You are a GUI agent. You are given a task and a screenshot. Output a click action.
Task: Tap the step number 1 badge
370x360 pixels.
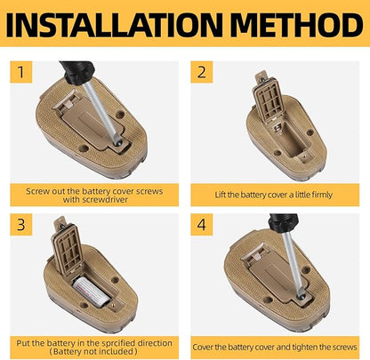[21, 72]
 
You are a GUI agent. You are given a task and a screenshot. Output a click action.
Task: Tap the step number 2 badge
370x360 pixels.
[202, 72]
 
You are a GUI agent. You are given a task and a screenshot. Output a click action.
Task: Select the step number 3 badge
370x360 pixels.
[21, 225]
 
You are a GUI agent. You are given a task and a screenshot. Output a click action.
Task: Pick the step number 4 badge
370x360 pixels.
[202, 225]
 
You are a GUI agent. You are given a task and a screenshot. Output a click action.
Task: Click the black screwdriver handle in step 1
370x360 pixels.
[77, 72]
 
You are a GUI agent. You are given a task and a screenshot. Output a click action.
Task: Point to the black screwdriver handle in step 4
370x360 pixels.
[284, 222]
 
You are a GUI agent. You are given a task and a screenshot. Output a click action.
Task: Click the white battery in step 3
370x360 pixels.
[92, 292]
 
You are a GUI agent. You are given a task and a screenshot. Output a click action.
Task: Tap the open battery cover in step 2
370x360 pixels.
[267, 98]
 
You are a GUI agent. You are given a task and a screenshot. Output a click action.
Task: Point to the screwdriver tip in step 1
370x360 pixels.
[118, 142]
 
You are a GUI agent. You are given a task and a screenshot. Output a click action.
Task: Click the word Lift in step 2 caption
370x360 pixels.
[221, 195]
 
